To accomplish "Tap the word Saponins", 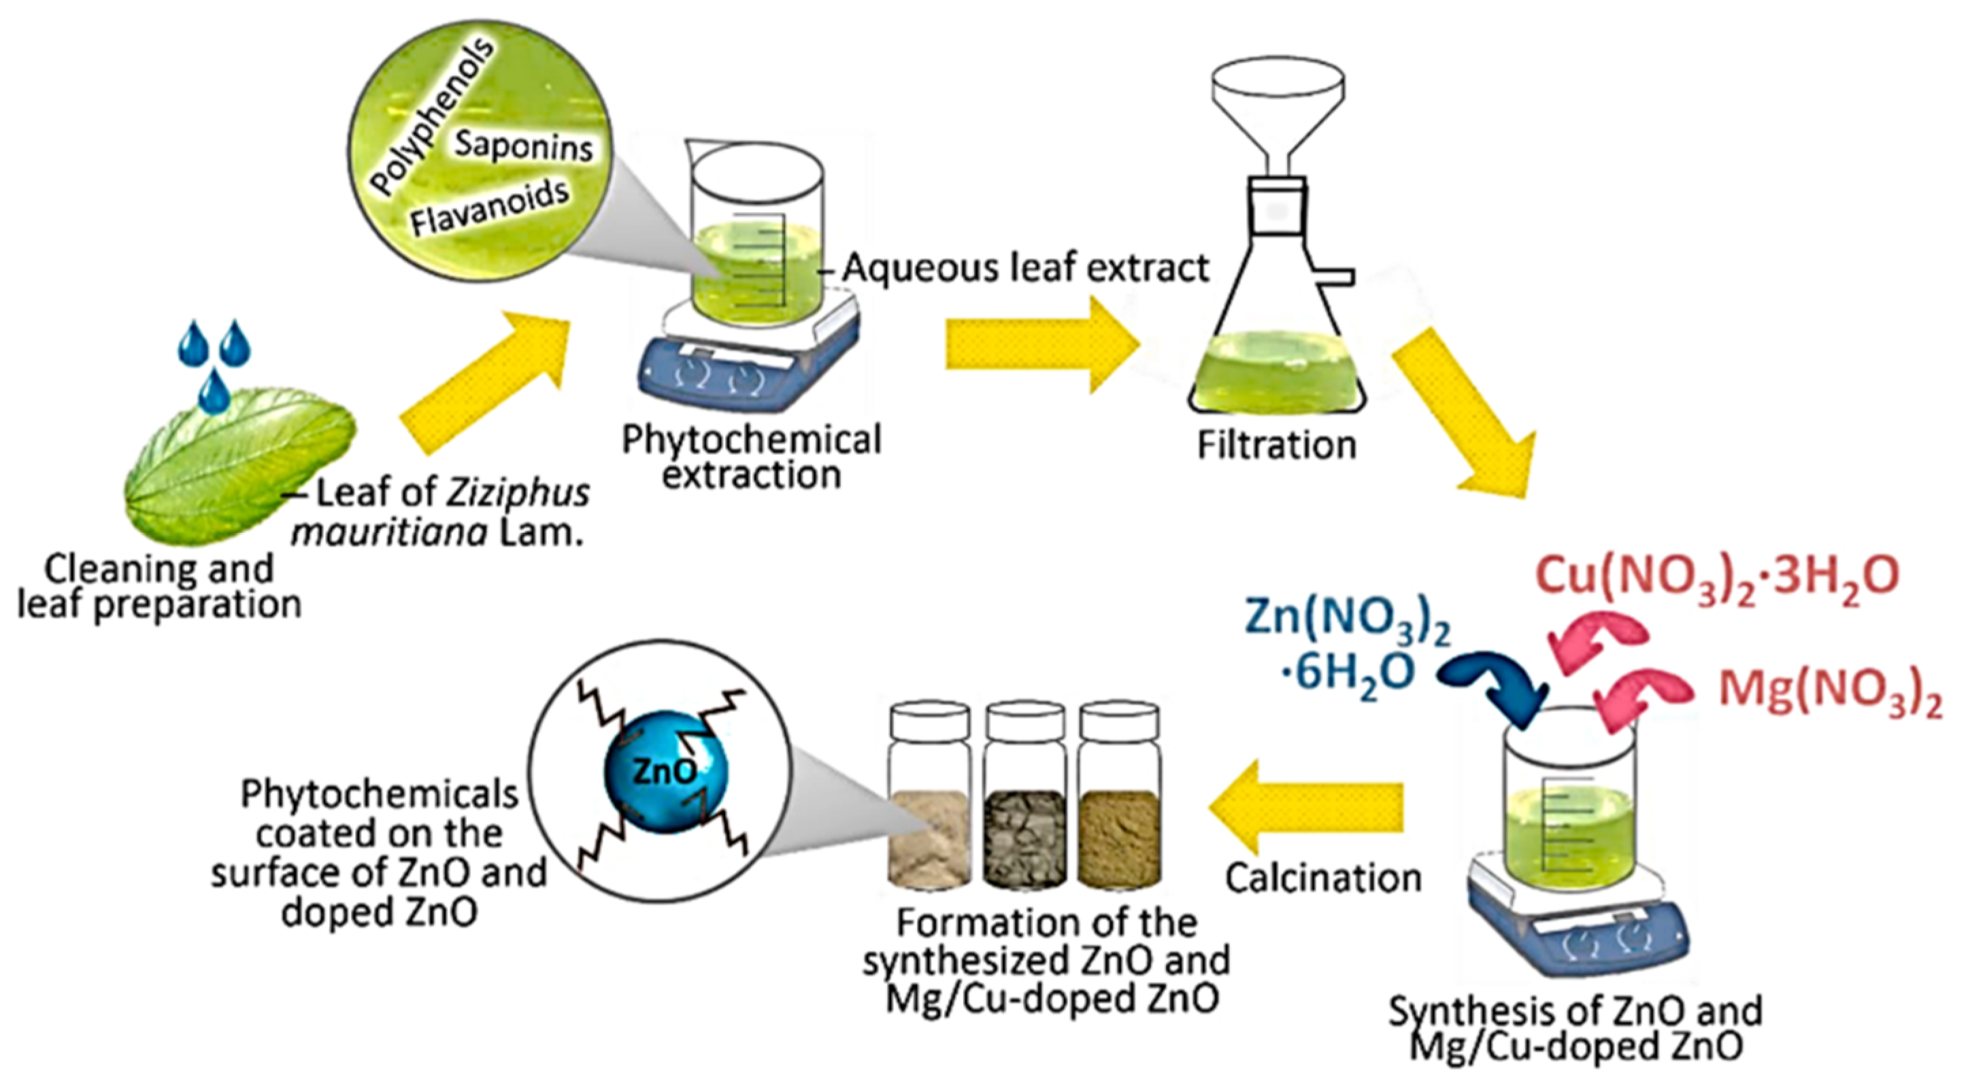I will [x=523, y=144].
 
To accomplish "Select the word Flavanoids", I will [x=490, y=207].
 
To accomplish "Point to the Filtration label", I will [x=1277, y=445].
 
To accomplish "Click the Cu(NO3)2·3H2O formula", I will [x=1716, y=577].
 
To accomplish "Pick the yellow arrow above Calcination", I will [x=1306, y=817].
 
